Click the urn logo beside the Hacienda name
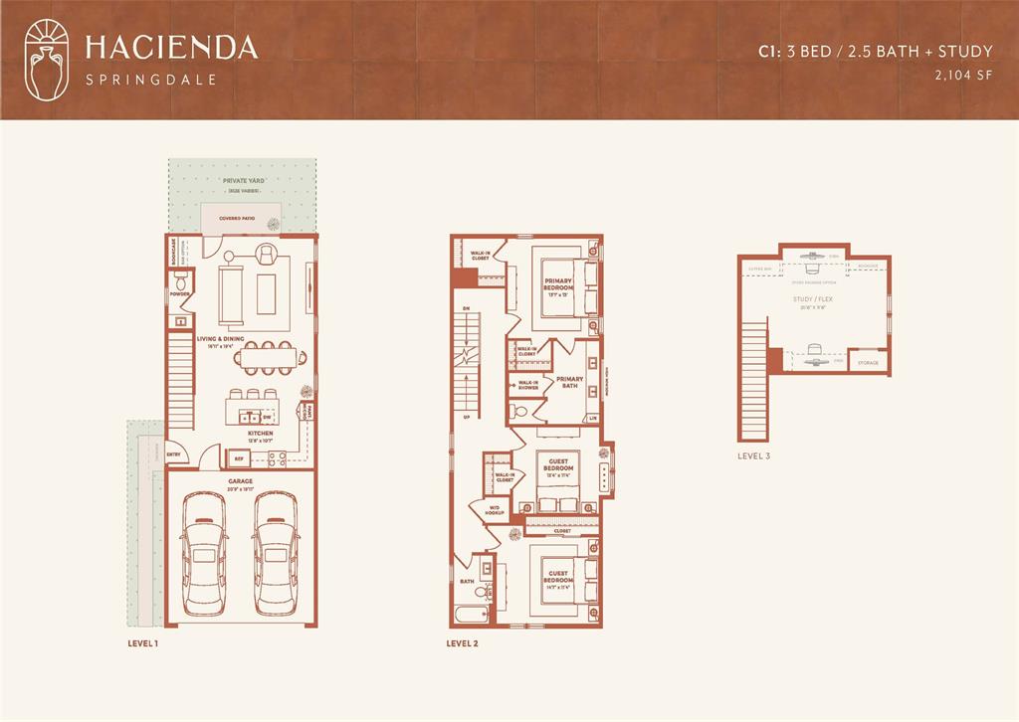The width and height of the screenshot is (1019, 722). tap(48, 59)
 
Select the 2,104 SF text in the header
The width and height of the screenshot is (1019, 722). tap(963, 74)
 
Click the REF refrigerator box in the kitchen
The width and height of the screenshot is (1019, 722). tap(238, 458)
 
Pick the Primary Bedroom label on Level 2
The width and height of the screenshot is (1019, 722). tap(558, 284)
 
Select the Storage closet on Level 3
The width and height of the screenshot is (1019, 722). tap(869, 363)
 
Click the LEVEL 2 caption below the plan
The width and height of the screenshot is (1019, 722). tap(463, 643)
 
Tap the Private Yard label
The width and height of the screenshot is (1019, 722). tap(243, 181)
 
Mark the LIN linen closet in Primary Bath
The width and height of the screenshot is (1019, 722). tap(593, 418)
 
